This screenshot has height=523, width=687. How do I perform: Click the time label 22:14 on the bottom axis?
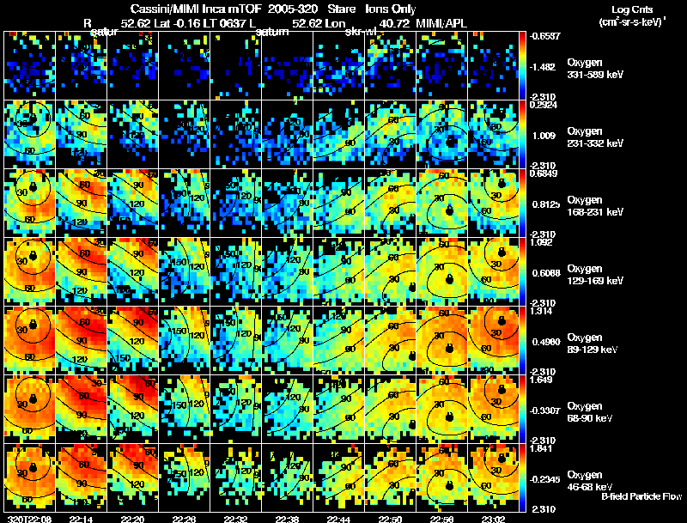click(x=81, y=519)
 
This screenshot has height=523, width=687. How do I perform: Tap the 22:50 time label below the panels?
click(x=391, y=519)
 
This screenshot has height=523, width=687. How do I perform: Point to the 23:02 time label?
click(x=494, y=519)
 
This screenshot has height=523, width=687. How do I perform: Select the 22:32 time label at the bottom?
click(x=235, y=519)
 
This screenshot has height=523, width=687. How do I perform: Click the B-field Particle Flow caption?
click(x=641, y=496)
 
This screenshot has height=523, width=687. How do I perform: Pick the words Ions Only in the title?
click(x=391, y=9)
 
